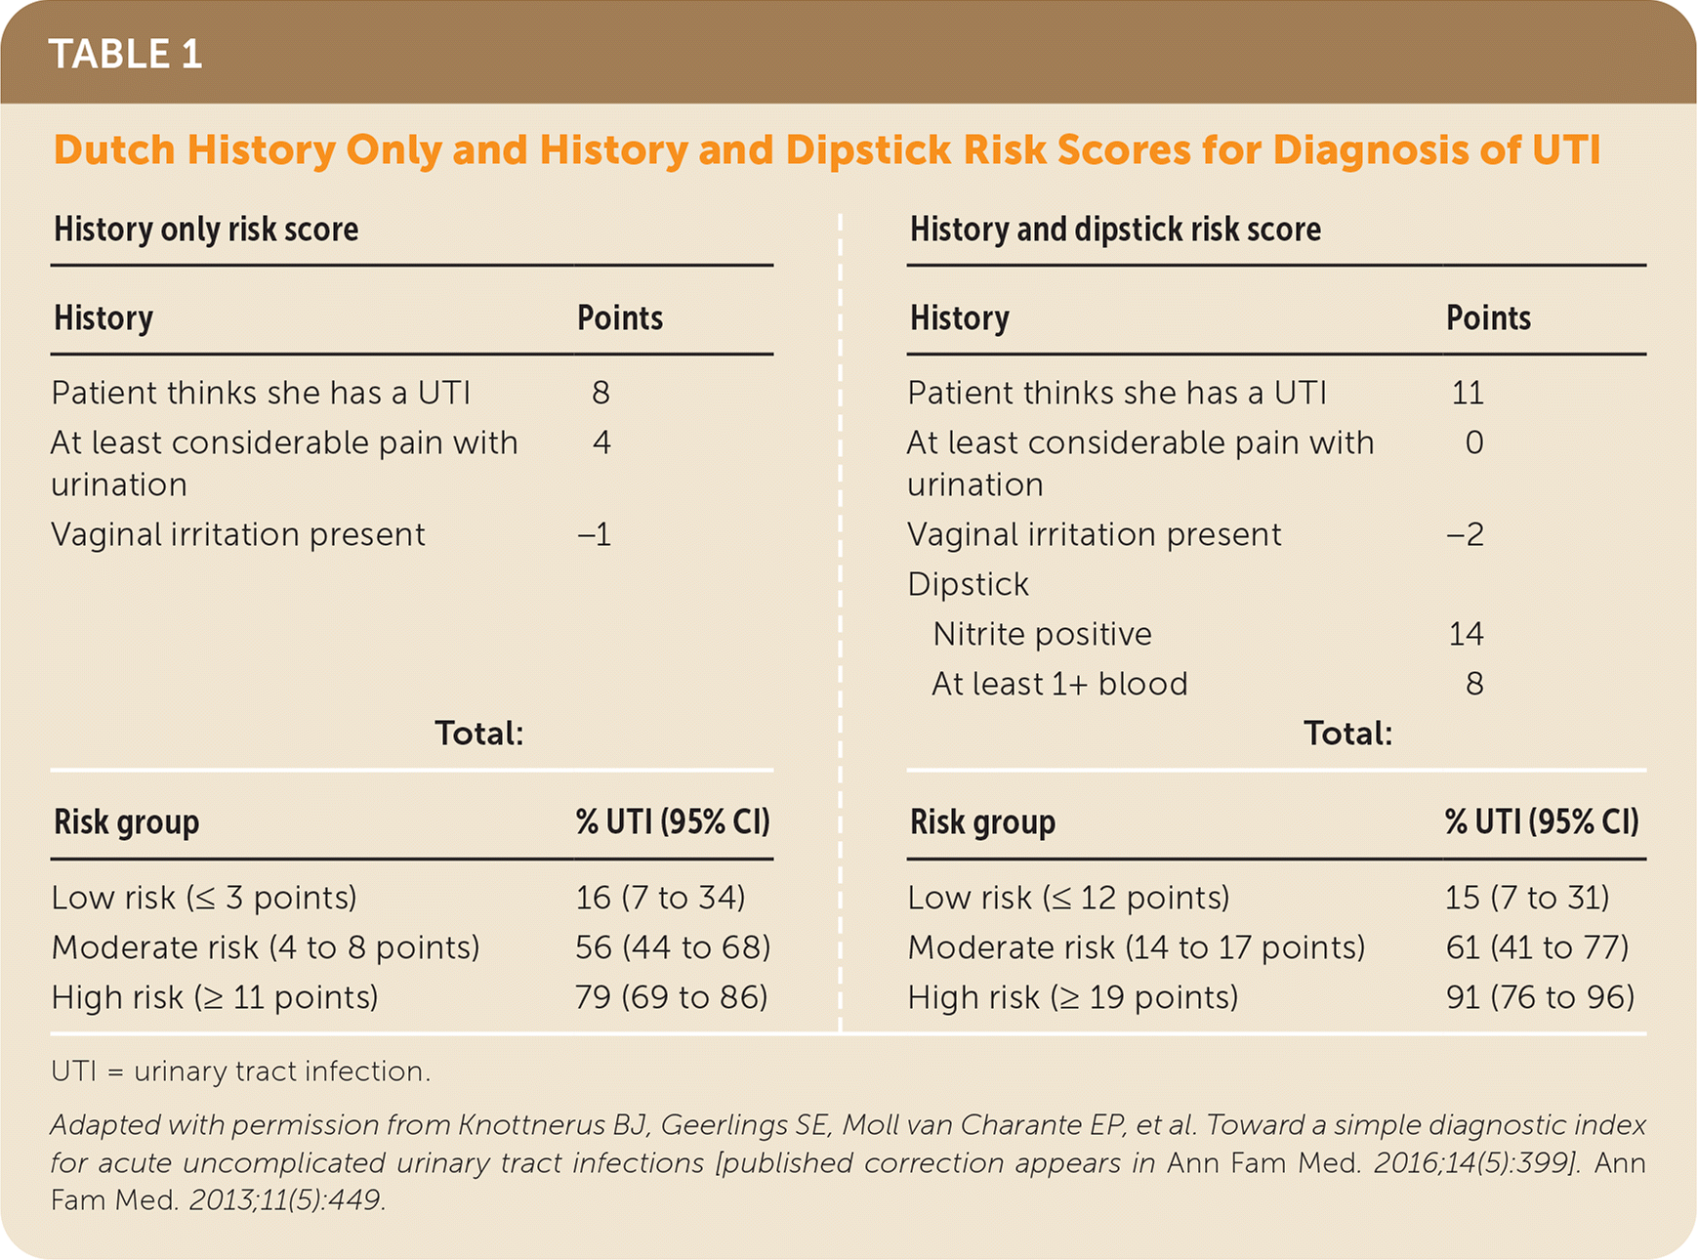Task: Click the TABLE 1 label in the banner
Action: pos(125,54)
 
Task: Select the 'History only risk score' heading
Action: pos(206,230)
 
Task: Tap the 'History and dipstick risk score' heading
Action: pos(1115,230)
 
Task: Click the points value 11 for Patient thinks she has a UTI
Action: pos(1467,393)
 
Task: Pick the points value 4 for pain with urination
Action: pos(601,442)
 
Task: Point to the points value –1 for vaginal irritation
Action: pos(595,534)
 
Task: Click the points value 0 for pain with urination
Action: pos(1473,442)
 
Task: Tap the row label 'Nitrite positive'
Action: pos(1042,634)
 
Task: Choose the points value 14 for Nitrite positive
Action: pos(1466,634)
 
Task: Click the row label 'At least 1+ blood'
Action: pos(1059,684)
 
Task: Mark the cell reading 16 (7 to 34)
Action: pos(660,898)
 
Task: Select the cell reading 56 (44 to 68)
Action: pos(673,947)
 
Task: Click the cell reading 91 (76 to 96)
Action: pos(1540,997)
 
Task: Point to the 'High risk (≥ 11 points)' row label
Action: pos(215,997)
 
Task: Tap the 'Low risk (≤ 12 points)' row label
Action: pos(1068,898)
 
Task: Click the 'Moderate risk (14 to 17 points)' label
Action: pos(1136,947)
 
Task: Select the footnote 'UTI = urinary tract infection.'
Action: pos(240,1071)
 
